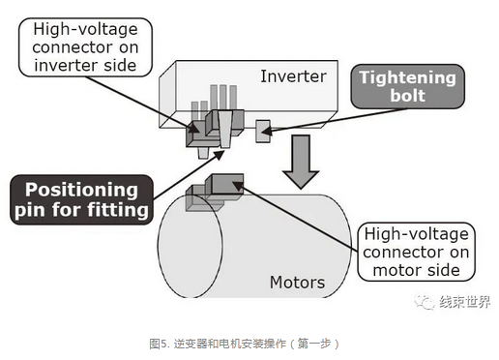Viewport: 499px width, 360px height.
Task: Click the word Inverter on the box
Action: pyautogui.click(x=293, y=76)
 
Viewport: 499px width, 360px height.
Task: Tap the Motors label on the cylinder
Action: pyautogui.click(x=297, y=283)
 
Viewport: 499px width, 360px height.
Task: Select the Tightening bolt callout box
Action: pyautogui.click(x=408, y=86)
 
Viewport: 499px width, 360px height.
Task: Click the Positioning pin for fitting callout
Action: pyautogui.click(x=81, y=199)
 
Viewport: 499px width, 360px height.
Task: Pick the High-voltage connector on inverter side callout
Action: pyautogui.click(x=85, y=47)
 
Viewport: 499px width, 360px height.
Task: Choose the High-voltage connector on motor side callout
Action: pyautogui.click(x=416, y=252)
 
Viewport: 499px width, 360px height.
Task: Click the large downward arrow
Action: pyautogui.click(x=301, y=162)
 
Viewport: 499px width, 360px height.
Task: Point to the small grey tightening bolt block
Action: pyautogui.click(x=263, y=132)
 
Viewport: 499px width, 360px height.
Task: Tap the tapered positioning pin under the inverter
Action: pyautogui.click(x=225, y=129)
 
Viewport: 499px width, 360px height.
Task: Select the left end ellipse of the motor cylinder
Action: pyautogui.click(x=190, y=247)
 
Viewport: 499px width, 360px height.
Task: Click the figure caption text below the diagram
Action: pyautogui.click(x=244, y=344)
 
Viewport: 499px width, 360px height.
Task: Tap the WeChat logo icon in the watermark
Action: pyautogui.click(x=425, y=302)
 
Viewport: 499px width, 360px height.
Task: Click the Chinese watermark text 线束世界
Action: pyautogui.click(x=465, y=302)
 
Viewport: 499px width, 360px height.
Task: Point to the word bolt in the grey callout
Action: pyautogui.click(x=408, y=96)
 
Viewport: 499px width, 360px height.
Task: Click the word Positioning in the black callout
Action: pyautogui.click(x=81, y=190)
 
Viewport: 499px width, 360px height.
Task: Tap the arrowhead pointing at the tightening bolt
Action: pyautogui.click(x=266, y=132)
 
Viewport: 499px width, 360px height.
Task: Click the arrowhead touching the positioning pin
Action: pyautogui.click(x=220, y=155)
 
